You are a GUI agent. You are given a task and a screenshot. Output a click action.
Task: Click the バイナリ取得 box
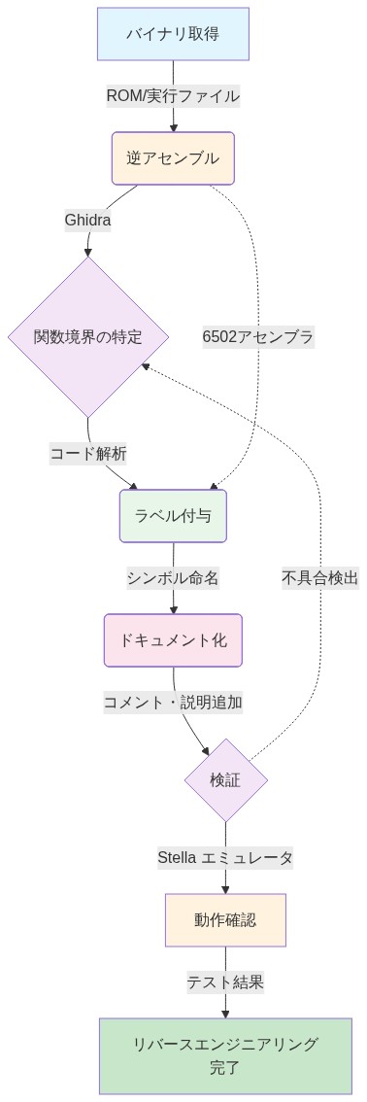[x=173, y=34]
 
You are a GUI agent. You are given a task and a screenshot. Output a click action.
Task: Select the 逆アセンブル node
[x=173, y=157]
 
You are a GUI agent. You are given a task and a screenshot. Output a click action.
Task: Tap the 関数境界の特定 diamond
[x=88, y=337]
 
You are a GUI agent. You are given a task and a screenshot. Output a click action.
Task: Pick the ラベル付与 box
[x=173, y=516]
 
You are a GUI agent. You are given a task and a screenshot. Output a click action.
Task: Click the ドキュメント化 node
[x=173, y=640]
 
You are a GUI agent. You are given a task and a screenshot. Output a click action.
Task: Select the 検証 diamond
[x=225, y=779]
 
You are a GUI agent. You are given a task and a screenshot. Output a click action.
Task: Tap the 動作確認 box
[x=225, y=919]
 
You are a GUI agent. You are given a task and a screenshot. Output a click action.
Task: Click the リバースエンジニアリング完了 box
[x=225, y=1056]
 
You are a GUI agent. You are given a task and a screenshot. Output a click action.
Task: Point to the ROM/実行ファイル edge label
[x=173, y=95]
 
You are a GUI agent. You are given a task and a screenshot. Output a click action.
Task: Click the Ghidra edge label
[x=87, y=220]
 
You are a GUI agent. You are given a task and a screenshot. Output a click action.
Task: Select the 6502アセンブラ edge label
[x=258, y=337]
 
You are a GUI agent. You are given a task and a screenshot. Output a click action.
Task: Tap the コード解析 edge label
[x=88, y=453]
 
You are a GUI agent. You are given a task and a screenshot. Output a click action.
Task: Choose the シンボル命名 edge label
[x=173, y=578]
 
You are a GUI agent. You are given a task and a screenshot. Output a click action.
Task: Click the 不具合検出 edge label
[x=320, y=578]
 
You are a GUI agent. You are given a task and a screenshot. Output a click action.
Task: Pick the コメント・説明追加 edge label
[x=173, y=702]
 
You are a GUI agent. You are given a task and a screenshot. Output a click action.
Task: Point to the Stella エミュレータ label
[x=225, y=857]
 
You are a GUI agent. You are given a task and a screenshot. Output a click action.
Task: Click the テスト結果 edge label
[x=225, y=981]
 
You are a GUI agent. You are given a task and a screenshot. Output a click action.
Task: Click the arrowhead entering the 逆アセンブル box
[x=173, y=127]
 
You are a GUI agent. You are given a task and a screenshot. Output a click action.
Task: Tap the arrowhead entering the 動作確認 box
[x=225, y=889]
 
